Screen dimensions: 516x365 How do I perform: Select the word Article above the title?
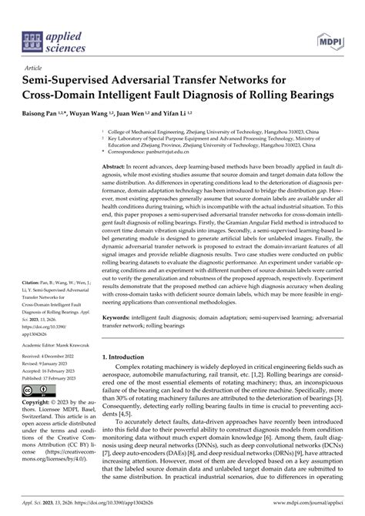point(33,67)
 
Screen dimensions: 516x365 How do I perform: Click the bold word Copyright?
point(39,402)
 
